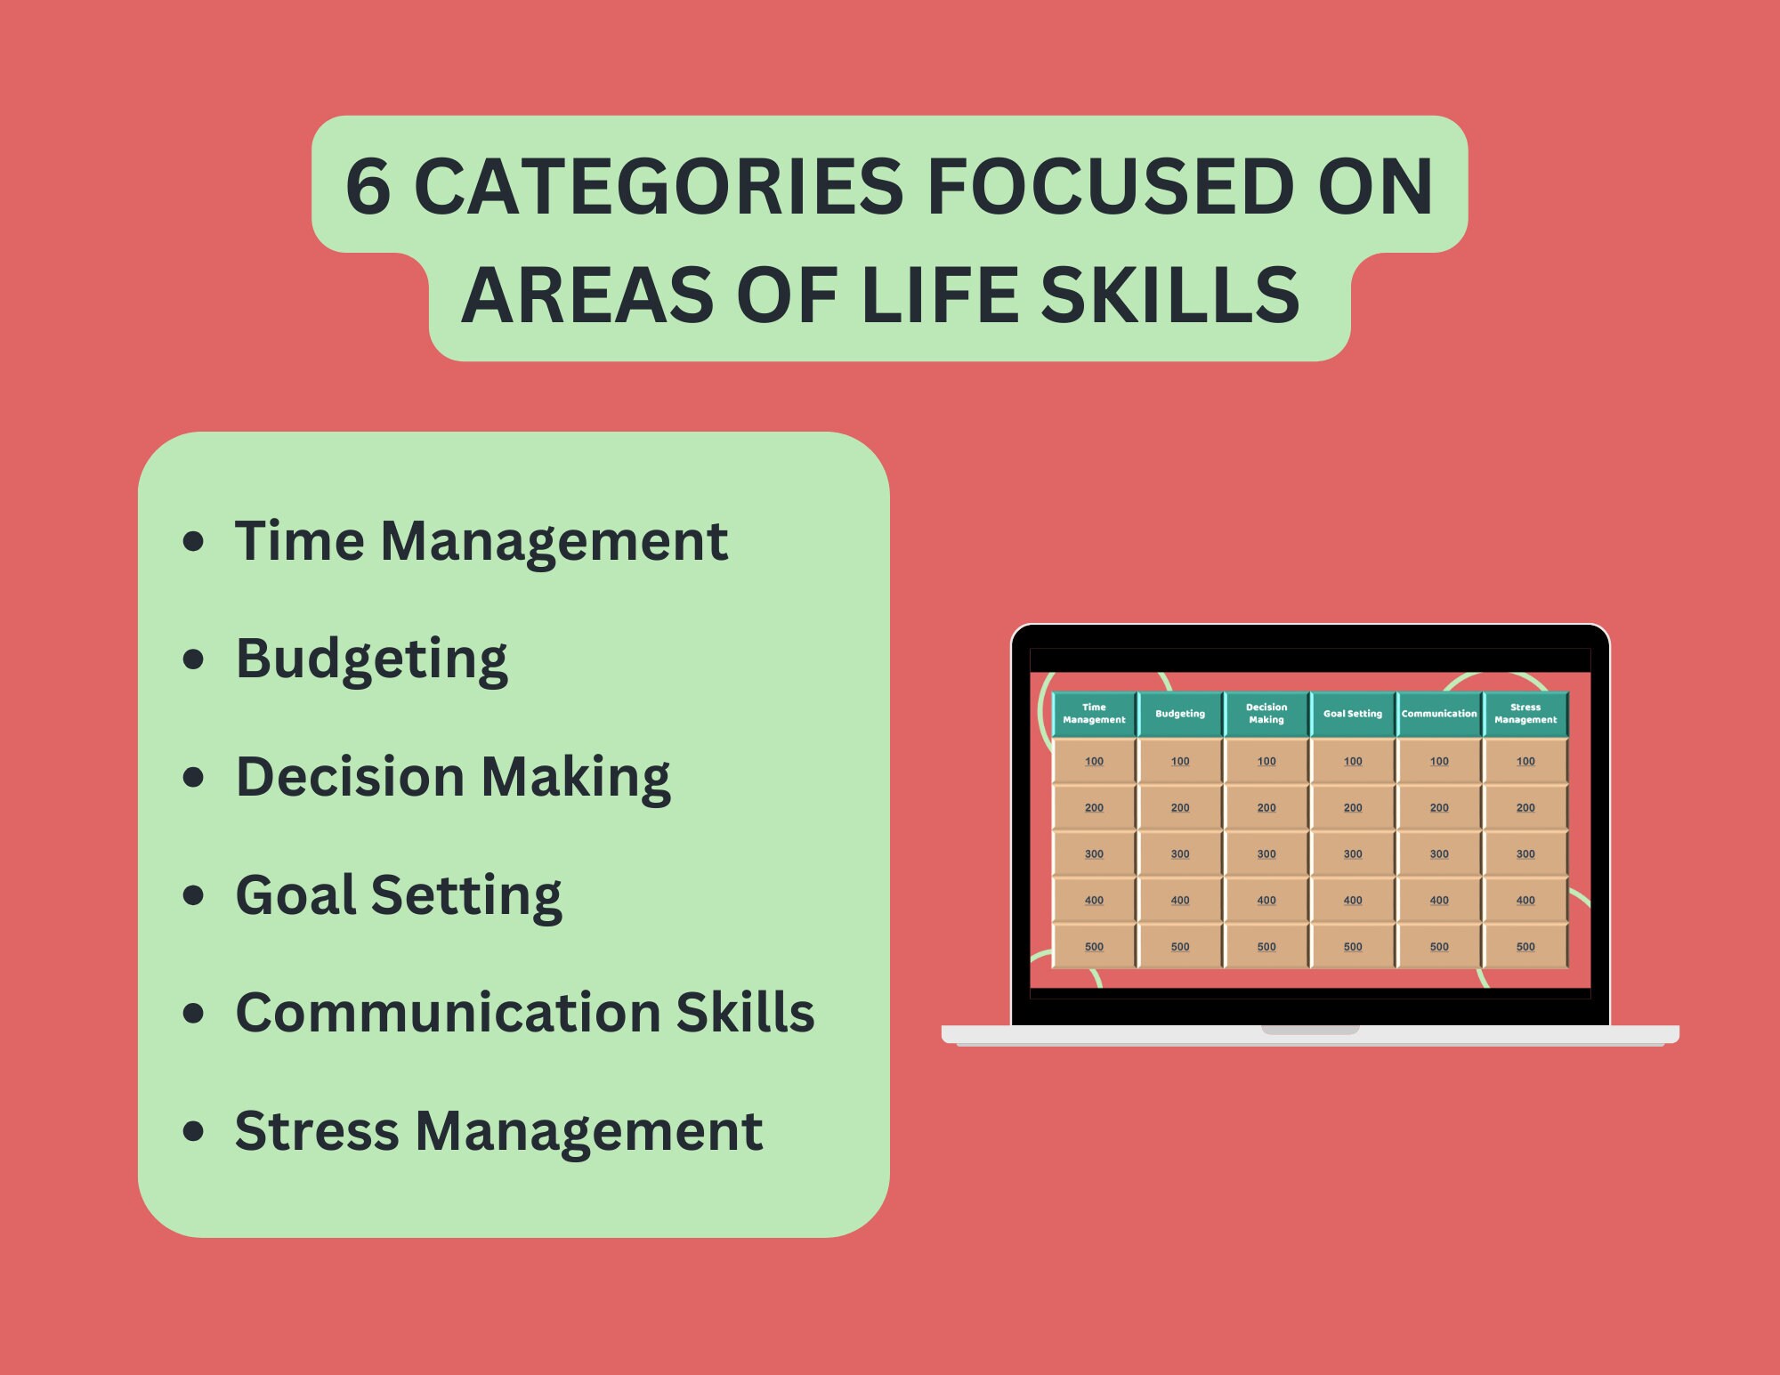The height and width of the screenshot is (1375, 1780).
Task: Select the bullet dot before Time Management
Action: point(193,541)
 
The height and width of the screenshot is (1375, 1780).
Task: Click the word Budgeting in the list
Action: point(371,659)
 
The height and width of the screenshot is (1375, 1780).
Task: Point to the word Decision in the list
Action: point(350,777)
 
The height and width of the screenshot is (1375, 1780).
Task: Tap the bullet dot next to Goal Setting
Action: point(193,894)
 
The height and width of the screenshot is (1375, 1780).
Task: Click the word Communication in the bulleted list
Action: point(446,1013)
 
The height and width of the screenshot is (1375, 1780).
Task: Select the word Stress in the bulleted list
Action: point(316,1131)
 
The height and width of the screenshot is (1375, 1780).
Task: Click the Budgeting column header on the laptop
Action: point(1180,714)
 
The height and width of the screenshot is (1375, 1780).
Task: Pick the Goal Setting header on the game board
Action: point(1353,714)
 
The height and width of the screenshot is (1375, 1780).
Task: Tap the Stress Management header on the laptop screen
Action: point(1525,714)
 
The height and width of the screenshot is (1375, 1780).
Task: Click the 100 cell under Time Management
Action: point(1094,762)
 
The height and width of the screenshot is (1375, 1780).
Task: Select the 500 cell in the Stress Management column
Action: point(1525,947)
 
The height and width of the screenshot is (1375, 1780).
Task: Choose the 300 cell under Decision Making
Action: point(1266,854)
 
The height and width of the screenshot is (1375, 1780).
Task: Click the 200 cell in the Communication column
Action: point(1439,808)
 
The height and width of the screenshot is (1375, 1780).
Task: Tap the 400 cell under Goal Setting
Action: point(1353,901)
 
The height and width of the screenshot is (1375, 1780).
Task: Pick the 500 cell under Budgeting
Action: point(1180,947)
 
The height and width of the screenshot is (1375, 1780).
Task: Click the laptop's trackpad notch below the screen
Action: point(1310,1030)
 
